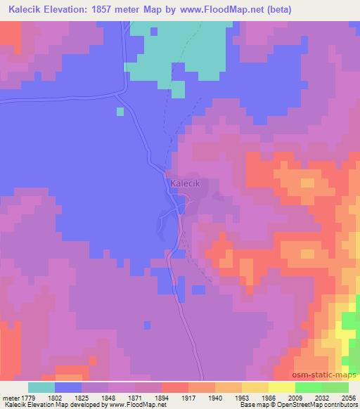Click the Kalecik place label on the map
[x=186, y=183]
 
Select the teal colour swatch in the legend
[x=41, y=387]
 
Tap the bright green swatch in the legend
[x=308, y=387]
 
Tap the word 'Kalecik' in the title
[x=27, y=10]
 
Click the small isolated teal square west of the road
[x=120, y=111]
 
